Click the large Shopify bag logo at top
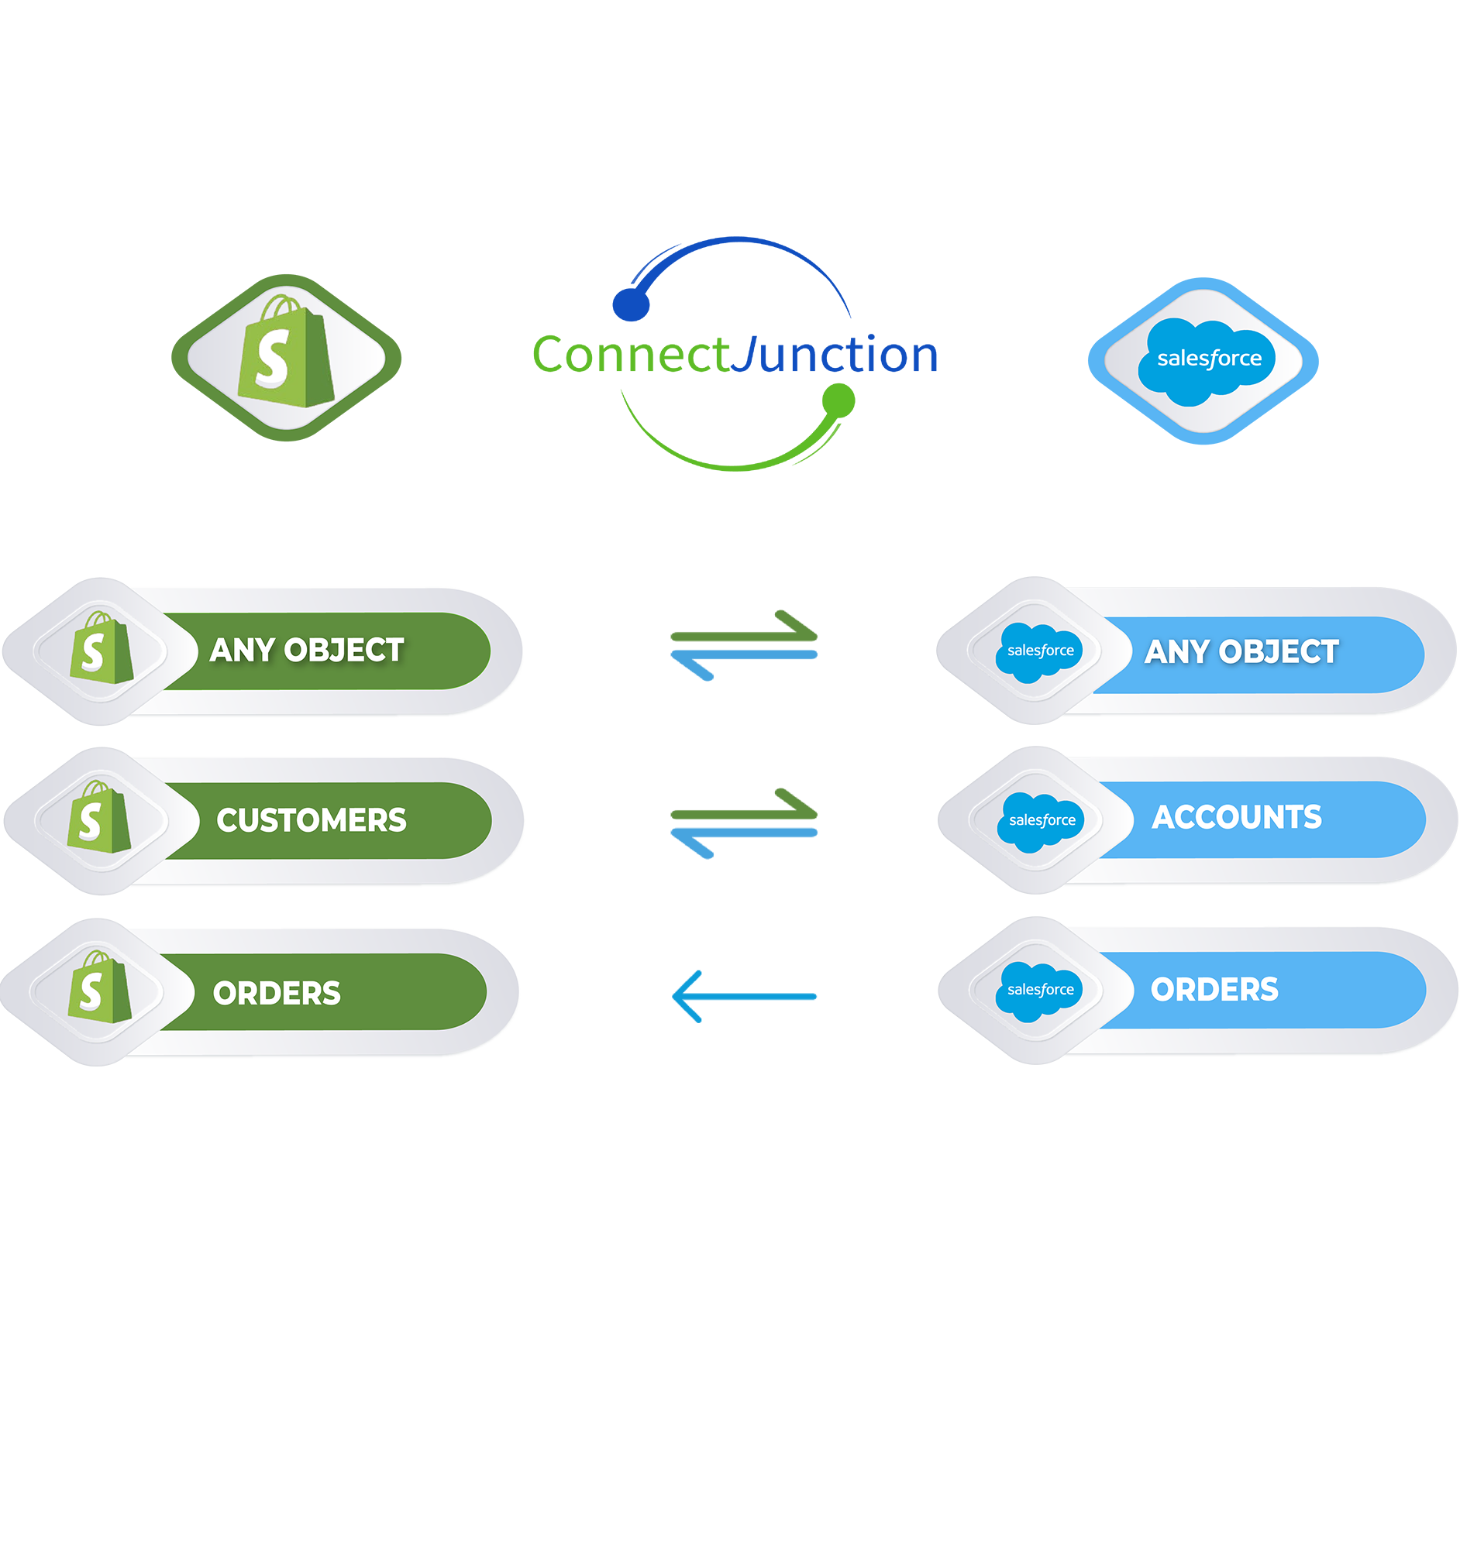286,357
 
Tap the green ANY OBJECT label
307,651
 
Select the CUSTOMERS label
311,820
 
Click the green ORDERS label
277,994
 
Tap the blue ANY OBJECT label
1241,652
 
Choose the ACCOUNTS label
1236,817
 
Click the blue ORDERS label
1214,990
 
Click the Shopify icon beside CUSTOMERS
99,818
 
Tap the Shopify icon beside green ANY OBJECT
102,649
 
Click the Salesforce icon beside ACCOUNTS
1041,820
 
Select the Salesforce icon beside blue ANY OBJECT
1039,651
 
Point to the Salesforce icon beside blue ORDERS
1039,991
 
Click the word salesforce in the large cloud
1208,359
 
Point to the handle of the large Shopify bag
281,306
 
